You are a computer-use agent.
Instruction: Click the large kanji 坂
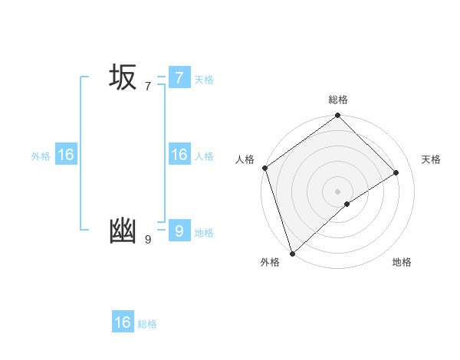tap(123, 78)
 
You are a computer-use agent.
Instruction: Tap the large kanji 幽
tap(123, 231)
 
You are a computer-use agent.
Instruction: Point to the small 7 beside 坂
tap(148, 87)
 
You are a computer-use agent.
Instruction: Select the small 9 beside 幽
tap(148, 240)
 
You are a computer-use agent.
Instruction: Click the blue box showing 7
tap(179, 77)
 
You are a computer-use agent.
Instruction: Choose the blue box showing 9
tap(179, 231)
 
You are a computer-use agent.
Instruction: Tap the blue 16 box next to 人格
tap(179, 155)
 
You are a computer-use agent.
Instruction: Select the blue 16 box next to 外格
tap(66, 155)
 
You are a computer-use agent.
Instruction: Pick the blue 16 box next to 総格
tap(123, 322)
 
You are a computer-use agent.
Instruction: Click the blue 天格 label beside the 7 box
tap(204, 80)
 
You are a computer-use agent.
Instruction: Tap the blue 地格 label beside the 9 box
tap(204, 233)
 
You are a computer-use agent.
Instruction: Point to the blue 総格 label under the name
tap(147, 325)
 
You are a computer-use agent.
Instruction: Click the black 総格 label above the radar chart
tap(338, 100)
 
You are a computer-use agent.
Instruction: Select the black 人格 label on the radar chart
tap(245, 159)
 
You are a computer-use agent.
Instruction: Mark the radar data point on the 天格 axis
tap(396, 172)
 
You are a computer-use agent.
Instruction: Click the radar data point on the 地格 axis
tap(347, 204)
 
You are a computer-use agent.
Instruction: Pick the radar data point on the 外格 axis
tap(292, 253)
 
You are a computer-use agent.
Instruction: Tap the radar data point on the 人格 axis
tap(264, 168)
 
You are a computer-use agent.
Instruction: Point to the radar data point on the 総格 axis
tap(338, 116)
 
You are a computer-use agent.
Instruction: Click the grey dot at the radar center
tap(338, 191)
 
